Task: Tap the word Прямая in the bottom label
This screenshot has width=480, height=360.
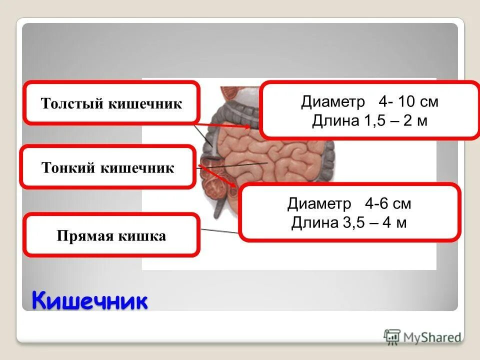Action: tap(85, 235)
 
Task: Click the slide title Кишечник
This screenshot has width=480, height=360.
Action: tap(90, 301)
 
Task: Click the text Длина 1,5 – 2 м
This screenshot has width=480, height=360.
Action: tap(369, 120)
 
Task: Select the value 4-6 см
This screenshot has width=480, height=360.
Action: tap(387, 203)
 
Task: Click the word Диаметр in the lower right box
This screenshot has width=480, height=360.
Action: tap(319, 203)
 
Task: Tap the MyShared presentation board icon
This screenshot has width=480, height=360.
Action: tap(392, 336)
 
